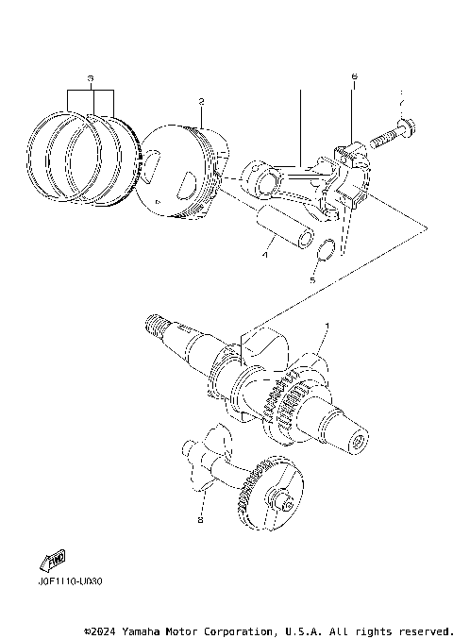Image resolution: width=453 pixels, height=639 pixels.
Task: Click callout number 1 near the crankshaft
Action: (327, 325)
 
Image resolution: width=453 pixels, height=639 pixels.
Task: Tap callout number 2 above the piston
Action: (201, 101)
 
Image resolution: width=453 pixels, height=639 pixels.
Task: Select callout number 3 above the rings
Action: (91, 76)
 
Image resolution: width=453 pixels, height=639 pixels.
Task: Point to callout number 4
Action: (267, 254)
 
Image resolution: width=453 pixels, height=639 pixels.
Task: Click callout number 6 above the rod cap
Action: (354, 76)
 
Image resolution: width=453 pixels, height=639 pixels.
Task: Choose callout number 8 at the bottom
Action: (200, 518)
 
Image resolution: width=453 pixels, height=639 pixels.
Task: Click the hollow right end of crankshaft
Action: (358, 439)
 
